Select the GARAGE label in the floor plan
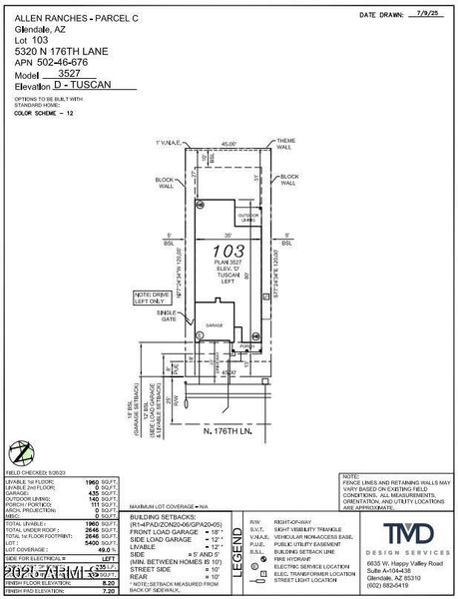tap(214, 324)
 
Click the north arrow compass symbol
tap(17, 451)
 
